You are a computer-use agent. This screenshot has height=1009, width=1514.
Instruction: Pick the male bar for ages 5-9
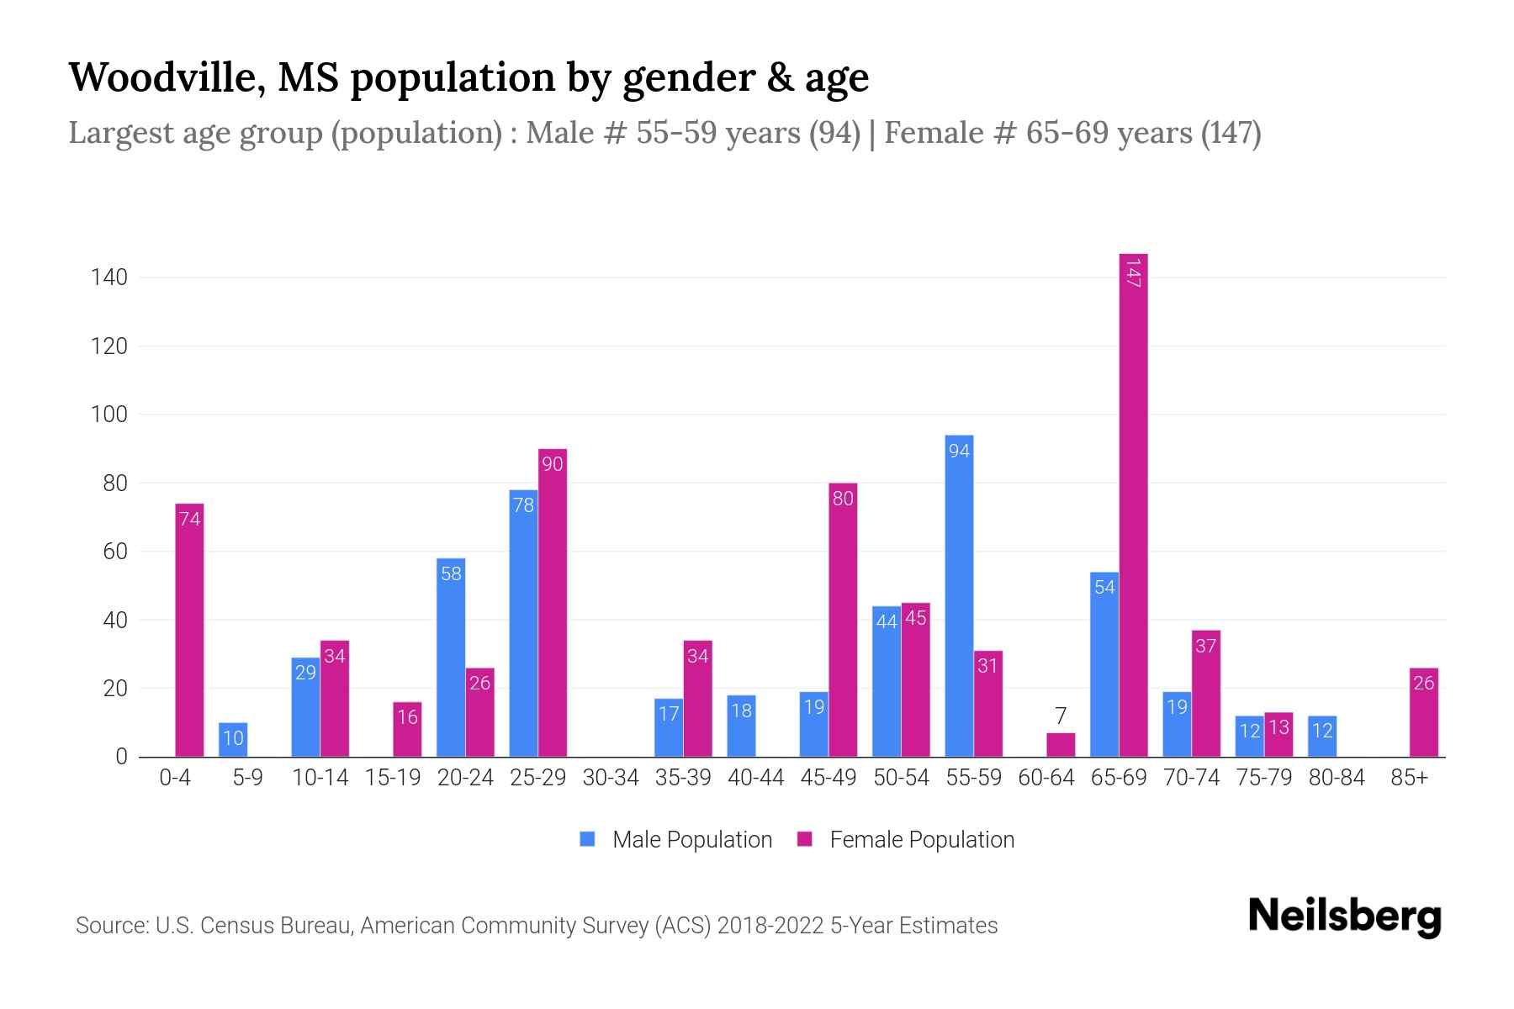[x=233, y=740]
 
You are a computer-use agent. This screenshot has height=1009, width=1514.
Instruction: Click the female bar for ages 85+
[x=1423, y=715]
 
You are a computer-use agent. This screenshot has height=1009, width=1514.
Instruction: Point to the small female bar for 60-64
[x=1061, y=745]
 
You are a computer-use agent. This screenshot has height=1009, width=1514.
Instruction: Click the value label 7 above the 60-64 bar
[x=1061, y=716]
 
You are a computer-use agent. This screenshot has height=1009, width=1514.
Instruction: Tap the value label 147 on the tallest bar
[x=1133, y=273]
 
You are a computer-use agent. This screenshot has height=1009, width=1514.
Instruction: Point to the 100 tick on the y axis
[x=109, y=415]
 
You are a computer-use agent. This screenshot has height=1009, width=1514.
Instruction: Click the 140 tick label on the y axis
[x=109, y=277]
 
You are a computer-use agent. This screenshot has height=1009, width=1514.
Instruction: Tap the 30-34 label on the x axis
[x=611, y=778]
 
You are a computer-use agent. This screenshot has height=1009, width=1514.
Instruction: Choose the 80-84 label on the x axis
[x=1337, y=778]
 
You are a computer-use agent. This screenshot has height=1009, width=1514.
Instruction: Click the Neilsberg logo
[x=1344, y=917]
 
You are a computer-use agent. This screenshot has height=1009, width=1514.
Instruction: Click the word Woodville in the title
[x=164, y=77]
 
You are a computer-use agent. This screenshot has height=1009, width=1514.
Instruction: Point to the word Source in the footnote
[x=110, y=926]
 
